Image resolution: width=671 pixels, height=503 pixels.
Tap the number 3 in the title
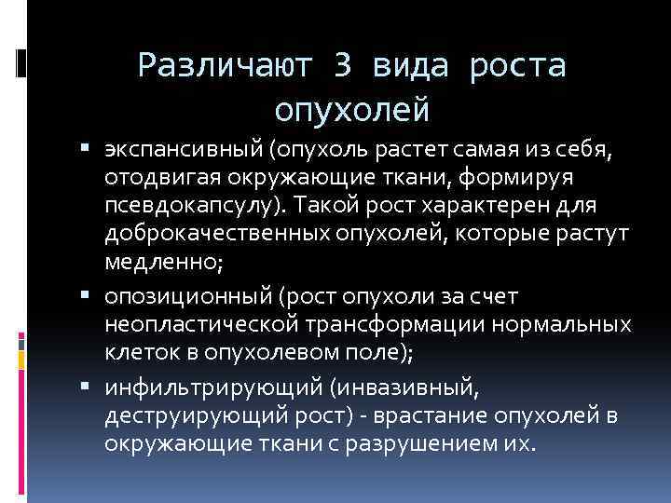343,66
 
